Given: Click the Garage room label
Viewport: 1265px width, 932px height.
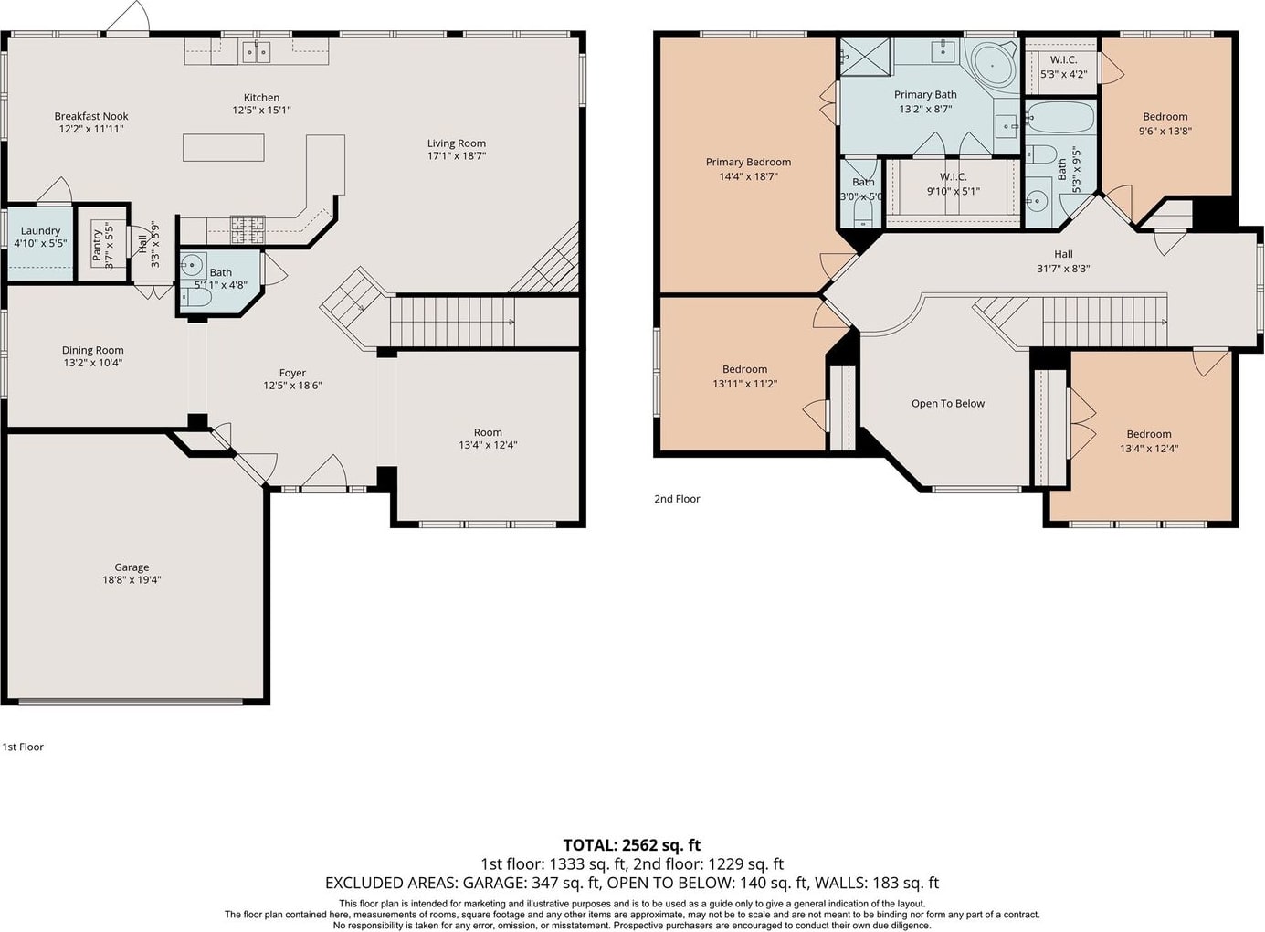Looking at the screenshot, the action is coord(132,567).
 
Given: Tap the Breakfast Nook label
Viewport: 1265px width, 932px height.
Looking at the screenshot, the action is coord(91,116).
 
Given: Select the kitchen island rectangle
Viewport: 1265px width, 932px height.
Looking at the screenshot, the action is coord(224,148).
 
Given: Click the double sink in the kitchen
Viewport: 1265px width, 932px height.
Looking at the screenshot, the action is coord(257,52).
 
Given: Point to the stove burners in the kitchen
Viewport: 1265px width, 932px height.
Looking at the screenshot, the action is coord(248,230).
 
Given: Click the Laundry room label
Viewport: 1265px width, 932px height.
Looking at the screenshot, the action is coord(40,231).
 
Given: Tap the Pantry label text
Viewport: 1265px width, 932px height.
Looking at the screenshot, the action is coord(97,245).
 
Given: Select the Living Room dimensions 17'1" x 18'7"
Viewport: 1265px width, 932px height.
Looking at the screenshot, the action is coord(457,156).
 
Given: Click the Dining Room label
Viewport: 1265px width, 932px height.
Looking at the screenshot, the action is coord(92,350).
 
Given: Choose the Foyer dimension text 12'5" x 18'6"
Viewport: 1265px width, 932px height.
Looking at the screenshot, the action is coord(292,386).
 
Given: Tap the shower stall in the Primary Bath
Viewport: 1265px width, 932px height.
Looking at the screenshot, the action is coord(865,57).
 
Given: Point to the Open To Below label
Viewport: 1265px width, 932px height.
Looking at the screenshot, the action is coord(948,404).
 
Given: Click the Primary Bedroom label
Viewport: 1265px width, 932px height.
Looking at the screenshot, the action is coord(748,162).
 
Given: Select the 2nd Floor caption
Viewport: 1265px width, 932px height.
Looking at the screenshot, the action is coord(677,499).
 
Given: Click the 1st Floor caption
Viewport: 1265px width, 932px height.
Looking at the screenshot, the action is coord(23,747).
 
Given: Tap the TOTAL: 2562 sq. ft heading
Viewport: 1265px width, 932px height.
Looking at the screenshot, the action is coord(632,845).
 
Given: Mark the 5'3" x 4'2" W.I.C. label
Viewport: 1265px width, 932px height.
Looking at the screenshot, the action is coord(1063,73).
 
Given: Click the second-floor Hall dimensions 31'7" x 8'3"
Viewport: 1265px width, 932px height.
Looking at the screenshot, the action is coord(1063,269).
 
